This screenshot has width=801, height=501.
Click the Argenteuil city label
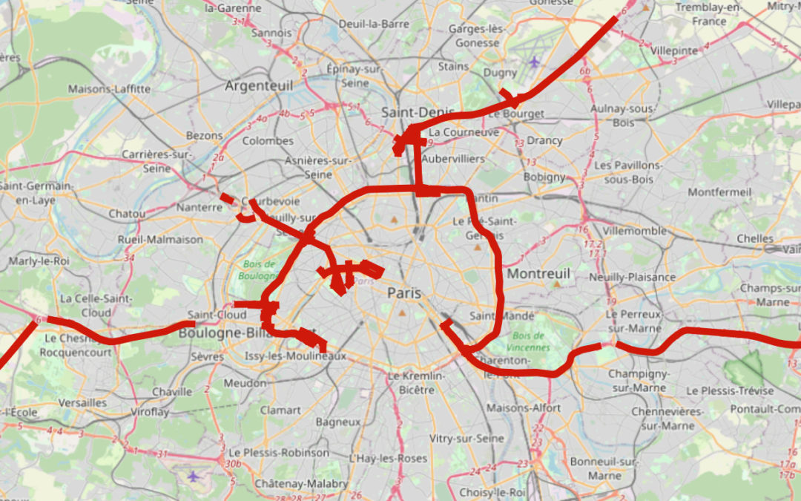coord(259,86)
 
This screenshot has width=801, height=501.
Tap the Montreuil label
coord(538,274)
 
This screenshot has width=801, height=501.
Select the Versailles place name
coord(82,402)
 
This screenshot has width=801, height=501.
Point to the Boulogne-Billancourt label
coord(222,333)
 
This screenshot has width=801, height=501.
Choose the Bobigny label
coord(544,177)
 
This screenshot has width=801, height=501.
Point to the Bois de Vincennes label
coord(530,341)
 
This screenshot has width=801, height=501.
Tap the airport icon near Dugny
coord(535,61)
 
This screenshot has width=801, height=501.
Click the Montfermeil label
coord(719,191)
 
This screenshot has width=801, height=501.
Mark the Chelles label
coord(755,239)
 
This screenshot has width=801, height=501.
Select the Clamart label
coord(280,410)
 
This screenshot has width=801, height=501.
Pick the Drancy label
coord(544,140)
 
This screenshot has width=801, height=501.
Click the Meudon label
coord(244,383)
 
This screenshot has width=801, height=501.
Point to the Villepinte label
coord(673,50)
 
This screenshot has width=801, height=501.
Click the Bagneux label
coord(337,422)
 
